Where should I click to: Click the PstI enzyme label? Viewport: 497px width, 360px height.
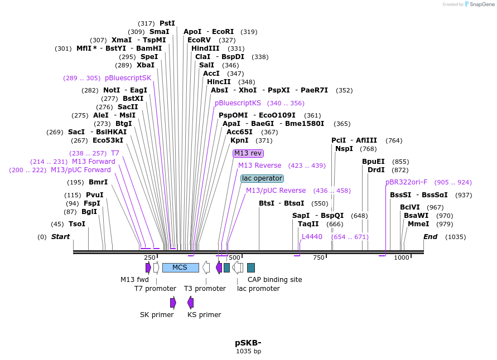tap(167, 23)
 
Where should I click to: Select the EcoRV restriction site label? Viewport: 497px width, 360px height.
tap(199, 40)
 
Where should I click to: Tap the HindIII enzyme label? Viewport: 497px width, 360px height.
tap(206, 48)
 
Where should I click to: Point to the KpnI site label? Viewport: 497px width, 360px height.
tap(239, 140)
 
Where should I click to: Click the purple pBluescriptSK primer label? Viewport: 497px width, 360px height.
tap(128, 78)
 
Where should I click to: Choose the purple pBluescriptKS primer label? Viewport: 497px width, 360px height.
tap(238, 103)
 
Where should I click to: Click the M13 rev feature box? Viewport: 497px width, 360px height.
tap(248, 153)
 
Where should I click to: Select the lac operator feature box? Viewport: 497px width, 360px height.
tap(262, 178)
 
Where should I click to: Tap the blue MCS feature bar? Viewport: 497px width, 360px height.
tap(180, 267)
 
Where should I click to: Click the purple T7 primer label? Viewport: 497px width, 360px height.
tap(115, 153)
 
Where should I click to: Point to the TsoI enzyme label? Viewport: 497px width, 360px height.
tap(77, 224)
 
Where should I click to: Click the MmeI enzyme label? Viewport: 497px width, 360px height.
tap(418, 224)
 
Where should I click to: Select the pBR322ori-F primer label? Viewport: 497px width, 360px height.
tap(406, 182)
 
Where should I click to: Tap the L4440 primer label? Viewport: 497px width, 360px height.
tap(312, 237)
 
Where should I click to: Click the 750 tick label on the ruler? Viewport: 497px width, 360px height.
tap(319, 257)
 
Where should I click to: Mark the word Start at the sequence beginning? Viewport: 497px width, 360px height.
tap(60, 237)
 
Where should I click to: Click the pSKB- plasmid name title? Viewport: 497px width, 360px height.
tap(248, 343)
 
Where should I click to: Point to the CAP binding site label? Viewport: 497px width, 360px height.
tap(275, 280)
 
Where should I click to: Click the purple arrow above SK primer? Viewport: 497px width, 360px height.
tap(173, 302)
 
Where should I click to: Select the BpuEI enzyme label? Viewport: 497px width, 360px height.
tap(373, 162)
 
